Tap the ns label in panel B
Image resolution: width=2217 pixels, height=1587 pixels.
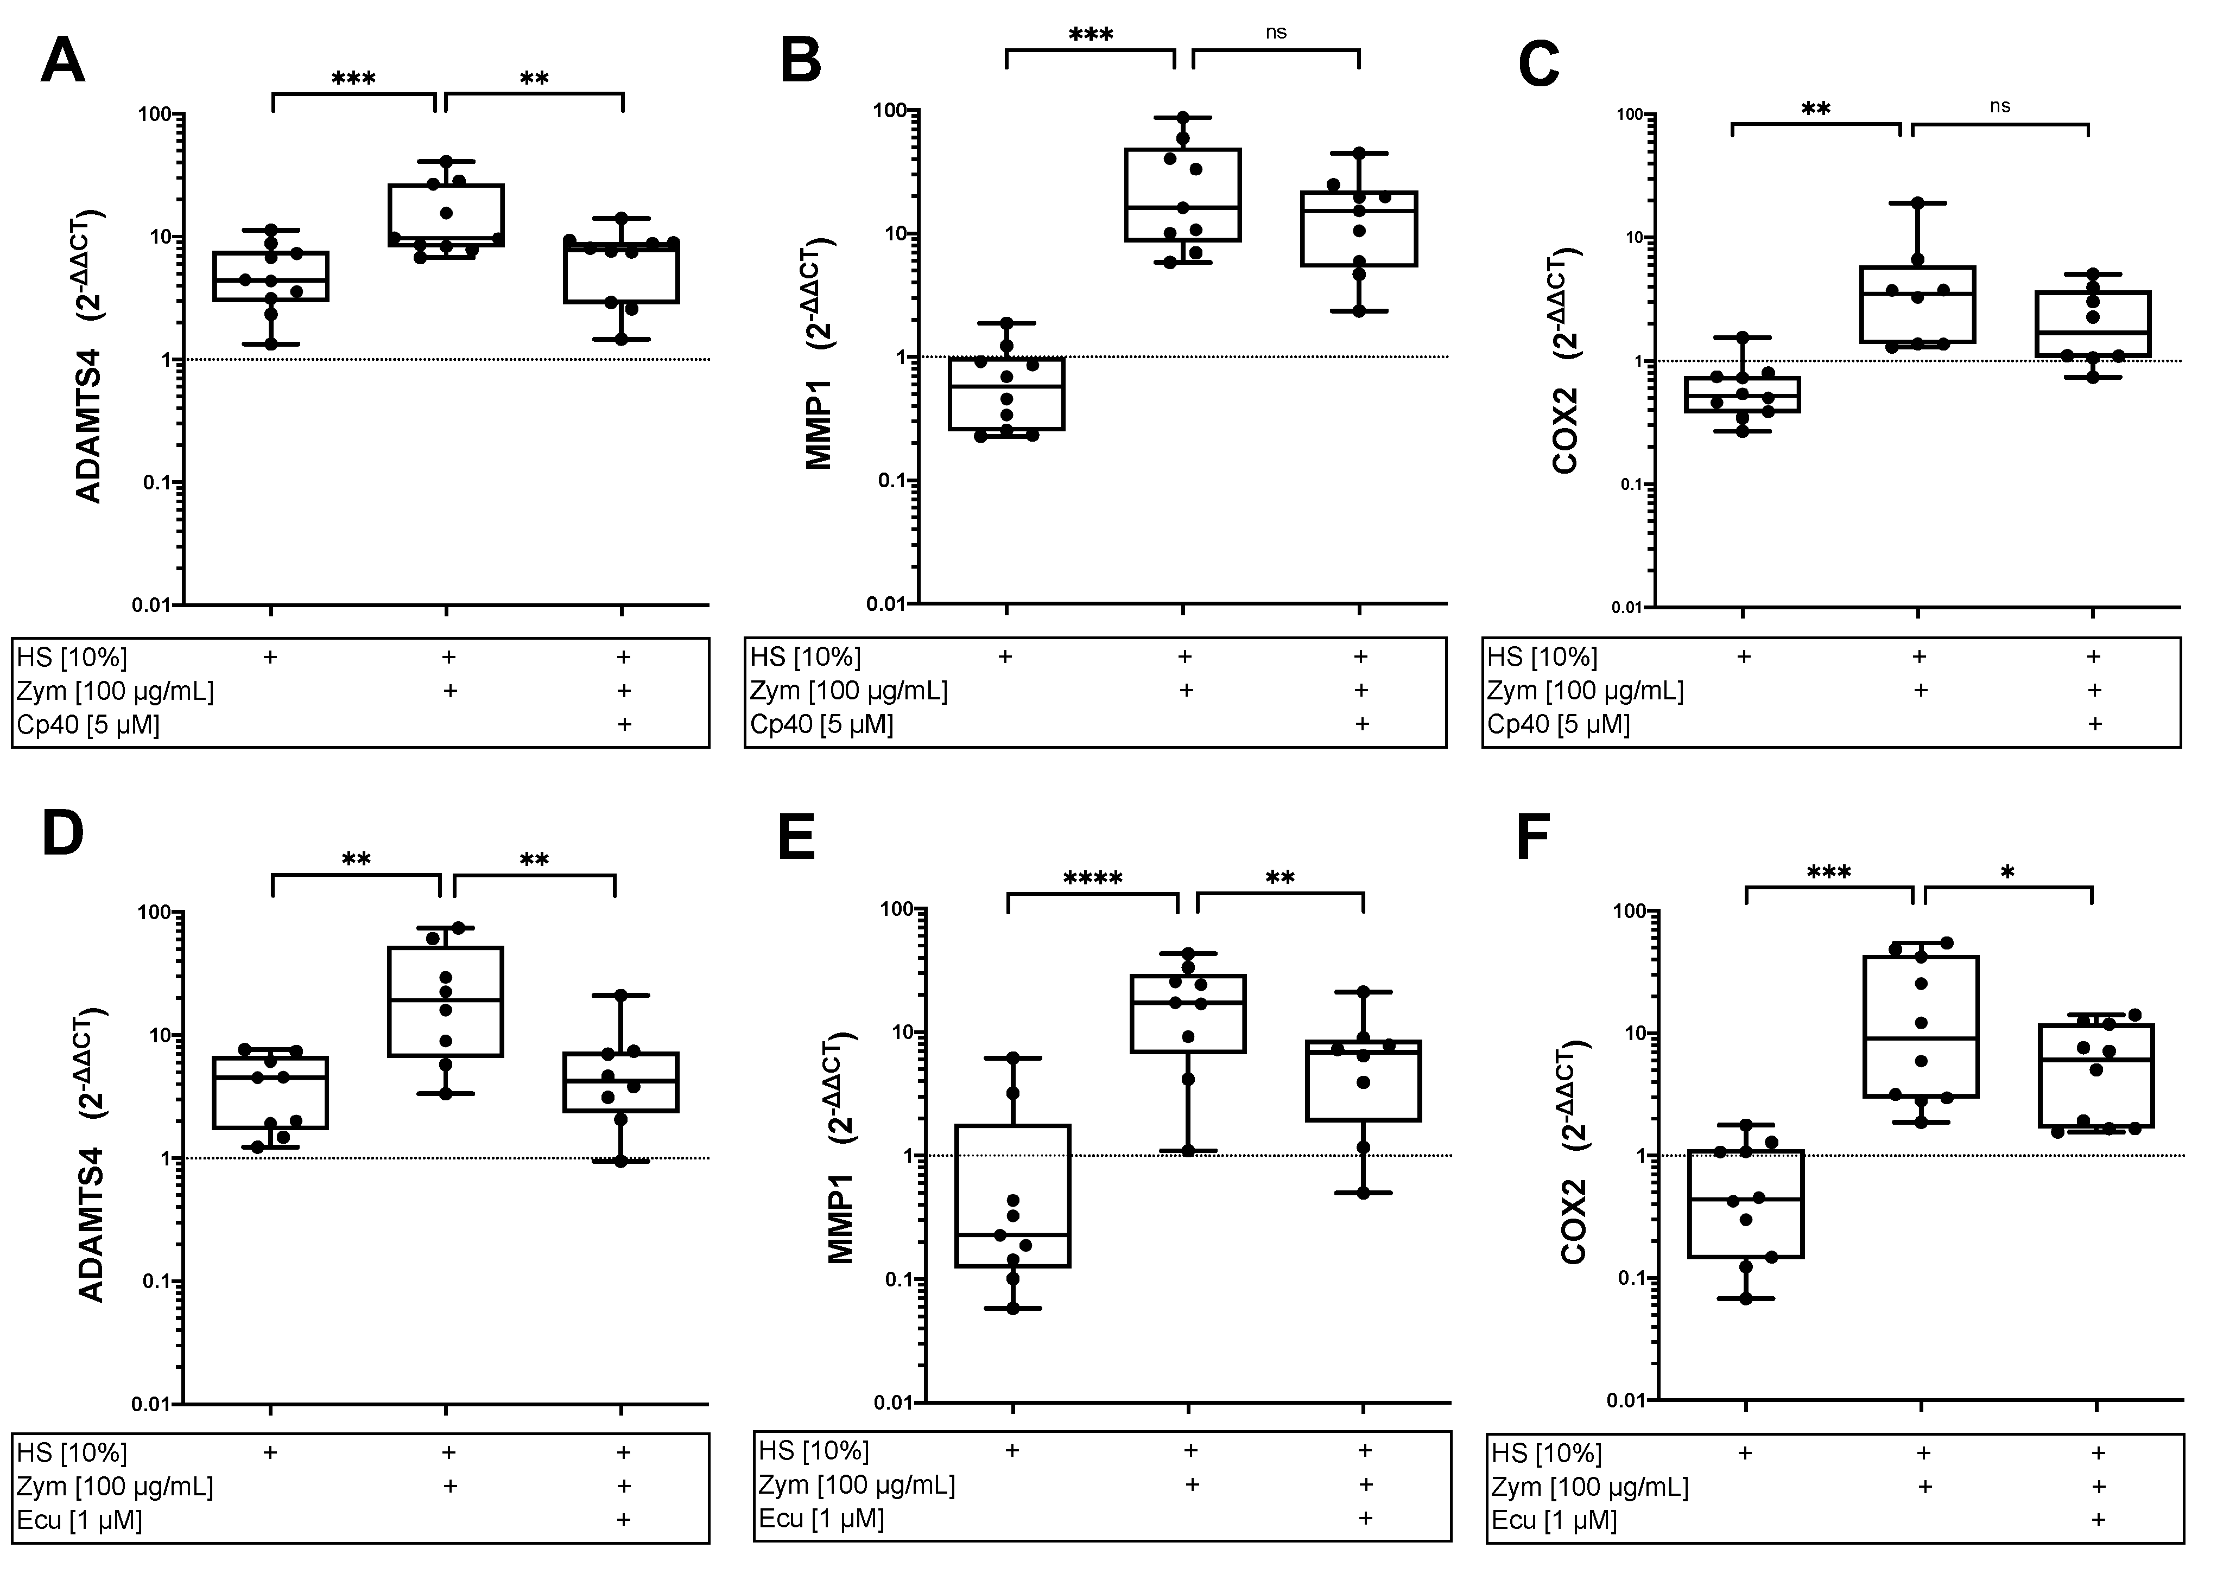1276,32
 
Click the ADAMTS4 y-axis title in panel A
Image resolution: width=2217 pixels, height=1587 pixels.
90,356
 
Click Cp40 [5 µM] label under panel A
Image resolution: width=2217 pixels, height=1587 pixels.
88,725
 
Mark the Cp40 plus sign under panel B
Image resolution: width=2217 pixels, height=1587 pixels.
1361,724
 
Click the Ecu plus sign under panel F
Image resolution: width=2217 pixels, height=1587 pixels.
2097,1520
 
